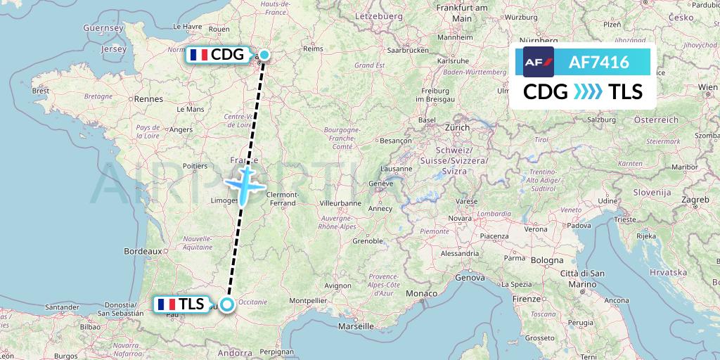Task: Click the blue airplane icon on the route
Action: point(244,184)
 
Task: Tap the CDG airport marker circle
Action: point(264,55)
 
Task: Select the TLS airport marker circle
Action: point(227,304)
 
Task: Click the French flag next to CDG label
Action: point(198,55)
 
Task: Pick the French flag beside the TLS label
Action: point(167,304)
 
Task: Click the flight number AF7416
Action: point(600,63)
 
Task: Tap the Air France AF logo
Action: point(539,62)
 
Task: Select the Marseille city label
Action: point(355,326)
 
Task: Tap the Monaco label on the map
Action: point(424,292)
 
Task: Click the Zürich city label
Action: point(456,128)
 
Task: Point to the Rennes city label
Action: point(148,100)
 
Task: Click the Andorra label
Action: point(235,354)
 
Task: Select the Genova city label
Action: point(470,278)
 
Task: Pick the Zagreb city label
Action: point(694,200)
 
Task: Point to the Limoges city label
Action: point(215,202)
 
